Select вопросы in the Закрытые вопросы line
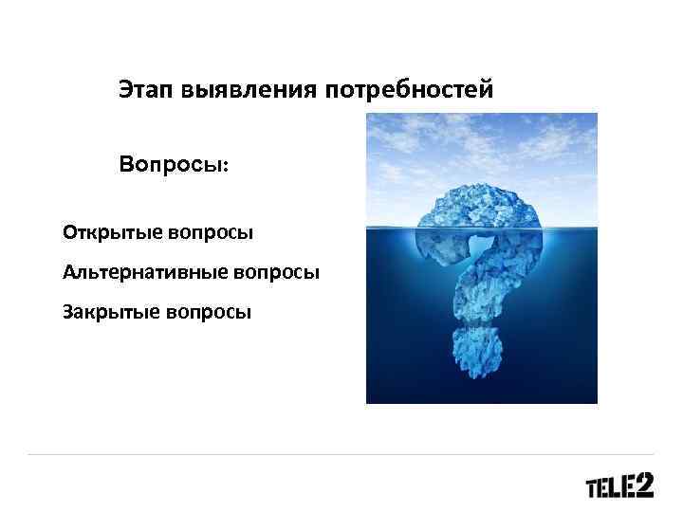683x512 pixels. [x=207, y=310]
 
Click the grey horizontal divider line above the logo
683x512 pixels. [x=341, y=454]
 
